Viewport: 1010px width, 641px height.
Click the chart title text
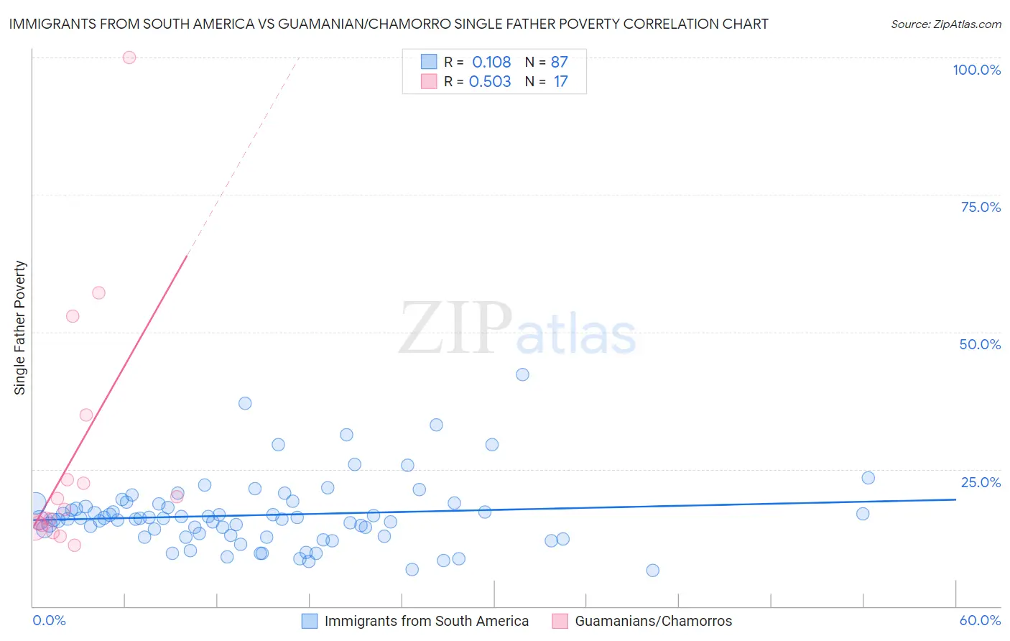pyautogui.click(x=389, y=24)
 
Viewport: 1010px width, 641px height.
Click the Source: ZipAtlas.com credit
pyautogui.click(x=945, y=24)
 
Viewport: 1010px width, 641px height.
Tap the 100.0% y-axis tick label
pyautogui.click(x=976, y=70)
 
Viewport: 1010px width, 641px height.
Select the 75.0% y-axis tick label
pyautogui.click(x=981, y=207)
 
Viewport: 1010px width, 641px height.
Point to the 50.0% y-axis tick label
pyautogui.click(x=980, y=344)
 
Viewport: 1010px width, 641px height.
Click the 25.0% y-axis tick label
pyautogui.click(x=981, y=482)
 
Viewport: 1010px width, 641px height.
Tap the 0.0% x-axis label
pyautogui.click(x=49, y=620)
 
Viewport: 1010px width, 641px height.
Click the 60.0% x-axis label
pyautogui.click(x=980, y=620)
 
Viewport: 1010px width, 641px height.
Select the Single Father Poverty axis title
pyautogui.click(x=20, y=328)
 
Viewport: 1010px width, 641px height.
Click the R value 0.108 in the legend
pyautogui.click(x=491, y=63)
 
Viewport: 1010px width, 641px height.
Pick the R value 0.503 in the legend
pyautogui.click(x=490, y=82)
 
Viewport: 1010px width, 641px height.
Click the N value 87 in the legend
pyautogui.click(x=559, y=63)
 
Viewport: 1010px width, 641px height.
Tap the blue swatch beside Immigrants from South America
pyautogui.click(x=310, y=621)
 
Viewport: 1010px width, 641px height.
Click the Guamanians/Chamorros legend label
pyautogui.click(x=653, y=621)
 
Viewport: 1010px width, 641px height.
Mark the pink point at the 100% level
pyautogui.click(x=129, y=57)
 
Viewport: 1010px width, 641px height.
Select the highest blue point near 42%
pyautogui.click(x=522, y=374)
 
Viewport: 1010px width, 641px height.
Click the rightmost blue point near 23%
pyautogui.click(x=868, y=478)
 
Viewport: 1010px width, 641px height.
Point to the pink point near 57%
pyautogui.click(x=99, y=292)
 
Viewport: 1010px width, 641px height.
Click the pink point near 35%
pyautogui.click(x=86, y=415)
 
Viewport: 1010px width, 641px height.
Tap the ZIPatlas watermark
pyautogui.click(x=517, y=329)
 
